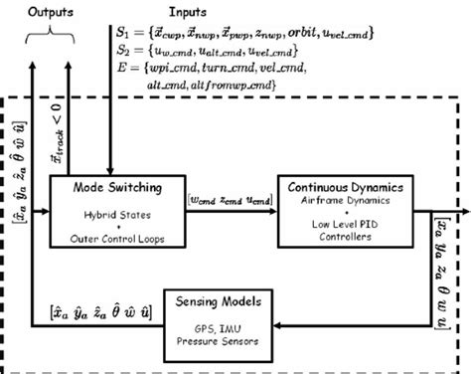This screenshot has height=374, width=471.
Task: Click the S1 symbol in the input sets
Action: click(123, 32)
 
